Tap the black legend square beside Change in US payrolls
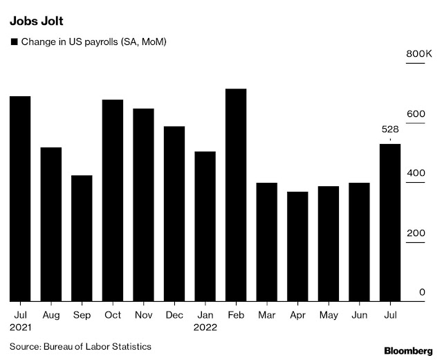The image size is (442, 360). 14,42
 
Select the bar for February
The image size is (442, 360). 236,195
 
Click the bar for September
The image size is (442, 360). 82,238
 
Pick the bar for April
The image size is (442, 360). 297,246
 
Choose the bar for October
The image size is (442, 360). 113,201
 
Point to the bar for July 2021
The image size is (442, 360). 20,199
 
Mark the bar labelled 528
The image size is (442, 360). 390,222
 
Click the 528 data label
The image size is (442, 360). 390,129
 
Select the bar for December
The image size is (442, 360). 174,214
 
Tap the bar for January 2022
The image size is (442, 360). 205,226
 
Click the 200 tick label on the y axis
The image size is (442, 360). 415,233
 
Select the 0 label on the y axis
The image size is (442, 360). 421,293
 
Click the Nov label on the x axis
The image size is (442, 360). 143,315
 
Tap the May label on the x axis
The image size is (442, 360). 329,315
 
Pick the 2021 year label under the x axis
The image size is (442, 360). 21,327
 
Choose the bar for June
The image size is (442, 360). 359,242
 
